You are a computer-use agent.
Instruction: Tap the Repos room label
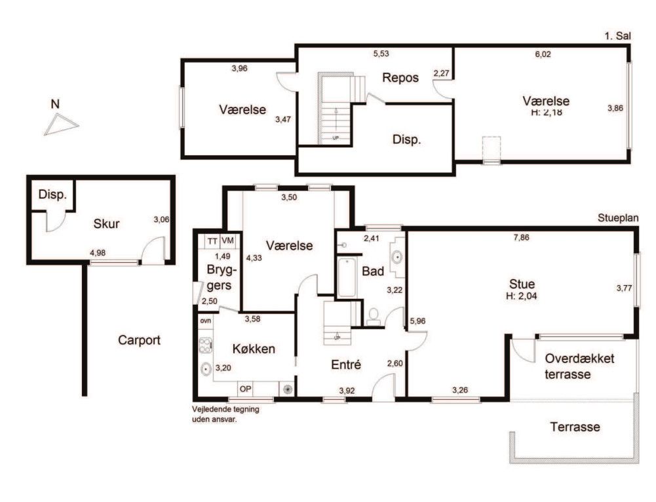coord(400,78)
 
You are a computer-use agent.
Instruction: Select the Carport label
coord(140,340)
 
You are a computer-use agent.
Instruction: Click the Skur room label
coord(106,223)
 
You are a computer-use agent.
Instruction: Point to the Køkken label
coord(254,349)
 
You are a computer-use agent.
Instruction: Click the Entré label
coord(346,365)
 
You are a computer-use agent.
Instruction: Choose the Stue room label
coord(522,284)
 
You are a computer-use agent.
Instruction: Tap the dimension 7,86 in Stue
coord(521,238)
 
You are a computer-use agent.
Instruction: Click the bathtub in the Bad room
coord(347,277)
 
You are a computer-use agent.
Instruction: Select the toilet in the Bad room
coord(374,317)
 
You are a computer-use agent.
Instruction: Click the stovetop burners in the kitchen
coord(204,346)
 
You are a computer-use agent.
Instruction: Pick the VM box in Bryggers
coord(227,241)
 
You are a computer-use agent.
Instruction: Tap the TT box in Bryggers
coord(212,241)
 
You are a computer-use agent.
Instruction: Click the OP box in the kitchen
coord(246,389)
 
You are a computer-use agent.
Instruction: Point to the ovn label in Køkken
coord(205,320)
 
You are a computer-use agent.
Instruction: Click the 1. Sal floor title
coord(617,36)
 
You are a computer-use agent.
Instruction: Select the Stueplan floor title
coord(618,218)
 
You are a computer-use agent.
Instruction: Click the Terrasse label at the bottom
coord(575,427)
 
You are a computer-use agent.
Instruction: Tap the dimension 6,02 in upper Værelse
coord(543,54)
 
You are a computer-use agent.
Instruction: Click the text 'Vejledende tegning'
coord(225,409)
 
